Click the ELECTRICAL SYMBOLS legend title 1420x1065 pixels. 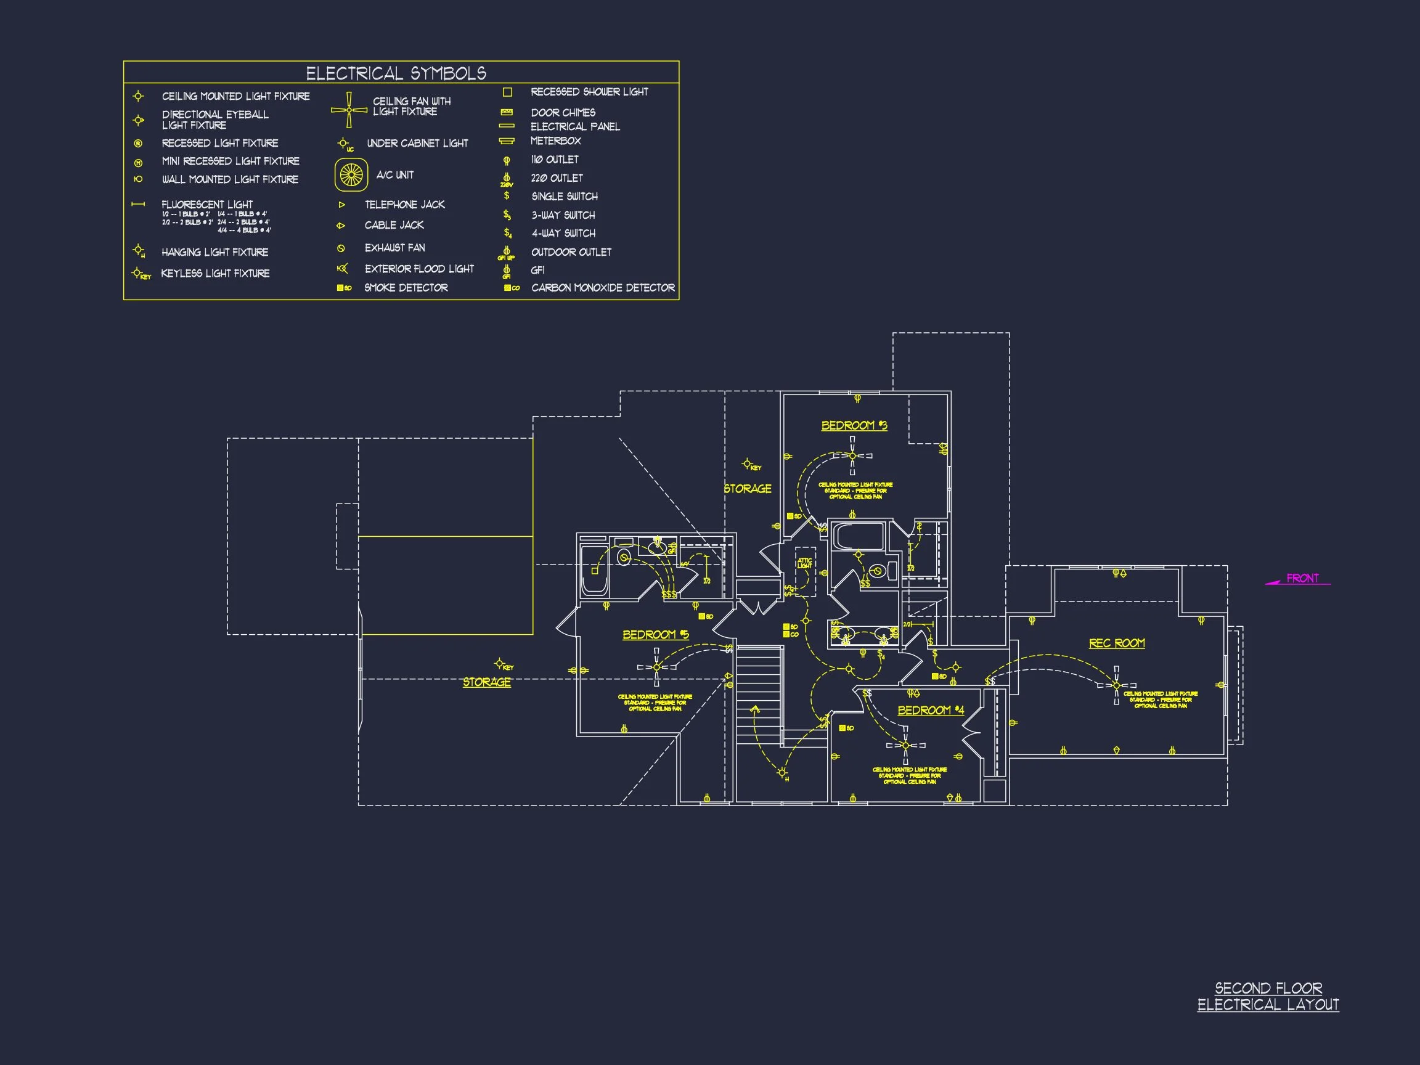click(x=396, y=73)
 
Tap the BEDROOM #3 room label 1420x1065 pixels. click(x=854, y=426)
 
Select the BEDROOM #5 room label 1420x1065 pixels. click(x=655, y=635)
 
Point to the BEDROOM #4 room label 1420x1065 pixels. click(x=930, y=710)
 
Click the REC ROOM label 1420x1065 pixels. click(x=1116, y=643)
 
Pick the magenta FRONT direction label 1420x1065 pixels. click(x=1302, y=578)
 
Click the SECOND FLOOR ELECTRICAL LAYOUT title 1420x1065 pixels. click(x=1268, y=997)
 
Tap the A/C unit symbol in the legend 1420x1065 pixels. click(x=351, y=174)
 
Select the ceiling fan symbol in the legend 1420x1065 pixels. click(x=349, y=110)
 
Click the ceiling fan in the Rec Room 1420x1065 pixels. click(x=1116, y=685)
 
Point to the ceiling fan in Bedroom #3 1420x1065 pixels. click(x=852, y=456)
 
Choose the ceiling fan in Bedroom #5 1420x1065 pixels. click(x=656, y=667)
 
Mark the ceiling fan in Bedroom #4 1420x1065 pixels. click(x=906, y=745)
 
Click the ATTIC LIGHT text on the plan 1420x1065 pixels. click(x=804, y=563)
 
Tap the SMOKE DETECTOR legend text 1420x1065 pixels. click(x=406, y=288)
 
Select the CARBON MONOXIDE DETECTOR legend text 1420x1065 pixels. click(x=603, y=288)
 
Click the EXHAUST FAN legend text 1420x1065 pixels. click(x=394, y=248)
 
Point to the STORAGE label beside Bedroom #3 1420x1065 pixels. click(x=747, y=489)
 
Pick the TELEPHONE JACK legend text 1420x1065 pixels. click(x=404, y=205)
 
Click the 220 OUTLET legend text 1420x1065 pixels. click(x=557, y=178)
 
